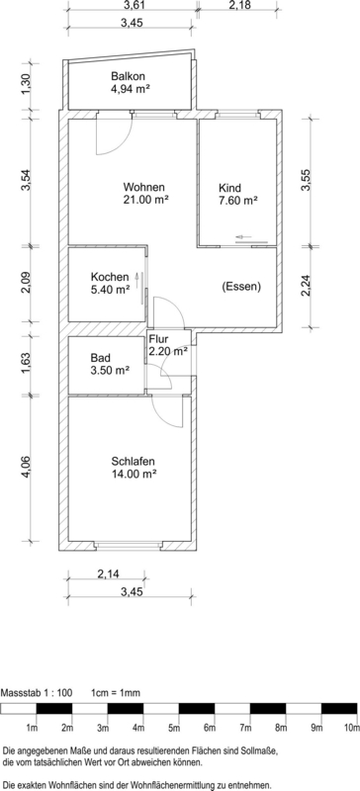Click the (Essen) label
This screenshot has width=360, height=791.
pos(241,288)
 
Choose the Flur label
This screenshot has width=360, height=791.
pos(158,338)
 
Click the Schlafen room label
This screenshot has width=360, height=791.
pos(135,462)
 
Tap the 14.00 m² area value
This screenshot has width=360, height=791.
pos(135,475)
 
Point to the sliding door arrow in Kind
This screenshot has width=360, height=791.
pos(243,237)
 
